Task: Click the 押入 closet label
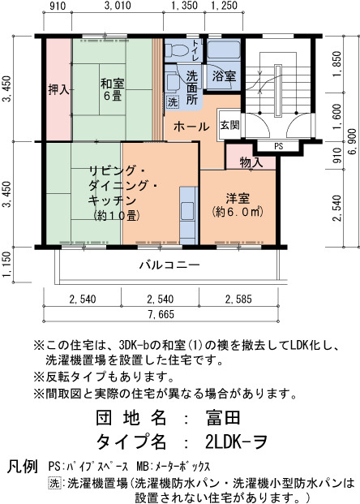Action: point(58,89)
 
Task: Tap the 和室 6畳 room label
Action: point(113,89)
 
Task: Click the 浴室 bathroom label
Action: point(224,76)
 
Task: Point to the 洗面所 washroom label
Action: point(192,88)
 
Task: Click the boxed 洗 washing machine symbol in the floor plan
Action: point(173,102)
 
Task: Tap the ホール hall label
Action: point(191,127)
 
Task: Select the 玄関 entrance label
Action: point(229,125)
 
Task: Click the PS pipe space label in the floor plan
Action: point(279,146)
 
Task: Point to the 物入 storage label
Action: point(251,162)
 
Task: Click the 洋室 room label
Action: point(238,198)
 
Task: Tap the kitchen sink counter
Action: point(188,215)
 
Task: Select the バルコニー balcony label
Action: point(169,265)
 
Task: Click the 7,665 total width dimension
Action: point(161,314)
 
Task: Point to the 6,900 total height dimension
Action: point(352,141)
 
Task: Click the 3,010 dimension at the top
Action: point(118,6)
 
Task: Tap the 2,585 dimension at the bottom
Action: point(238,299)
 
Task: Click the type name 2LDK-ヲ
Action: point(236,442)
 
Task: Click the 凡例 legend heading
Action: point(22,466)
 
